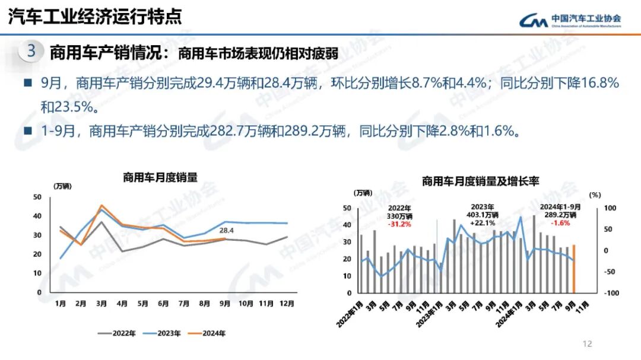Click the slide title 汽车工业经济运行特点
(x=94, y=17)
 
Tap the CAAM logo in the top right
(x=570, y=20)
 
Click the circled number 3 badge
(x=31, y=52)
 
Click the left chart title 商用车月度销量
(x=160, y=177)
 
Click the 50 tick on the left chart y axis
(x=37, y=197)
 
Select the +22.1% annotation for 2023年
(x=482, y=222)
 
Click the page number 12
(x=588, y=344)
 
